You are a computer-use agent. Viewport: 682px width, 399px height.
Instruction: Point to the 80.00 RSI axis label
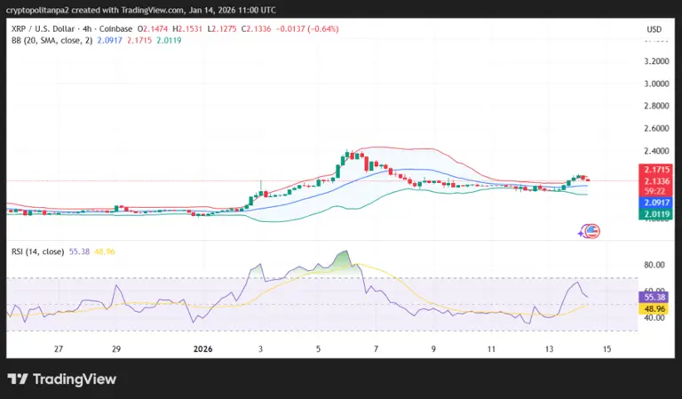[x=655, y=265]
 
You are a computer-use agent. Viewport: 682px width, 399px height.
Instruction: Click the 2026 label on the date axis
[x=204, y=350]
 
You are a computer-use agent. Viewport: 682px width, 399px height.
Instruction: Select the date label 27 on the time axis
[x=58, y=350]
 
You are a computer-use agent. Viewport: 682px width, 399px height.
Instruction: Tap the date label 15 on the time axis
[x=607, y=350]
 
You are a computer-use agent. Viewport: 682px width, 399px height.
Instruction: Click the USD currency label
[x=654, y=29]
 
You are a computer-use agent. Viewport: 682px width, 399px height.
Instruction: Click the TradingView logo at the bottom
[x=62, y=379]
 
